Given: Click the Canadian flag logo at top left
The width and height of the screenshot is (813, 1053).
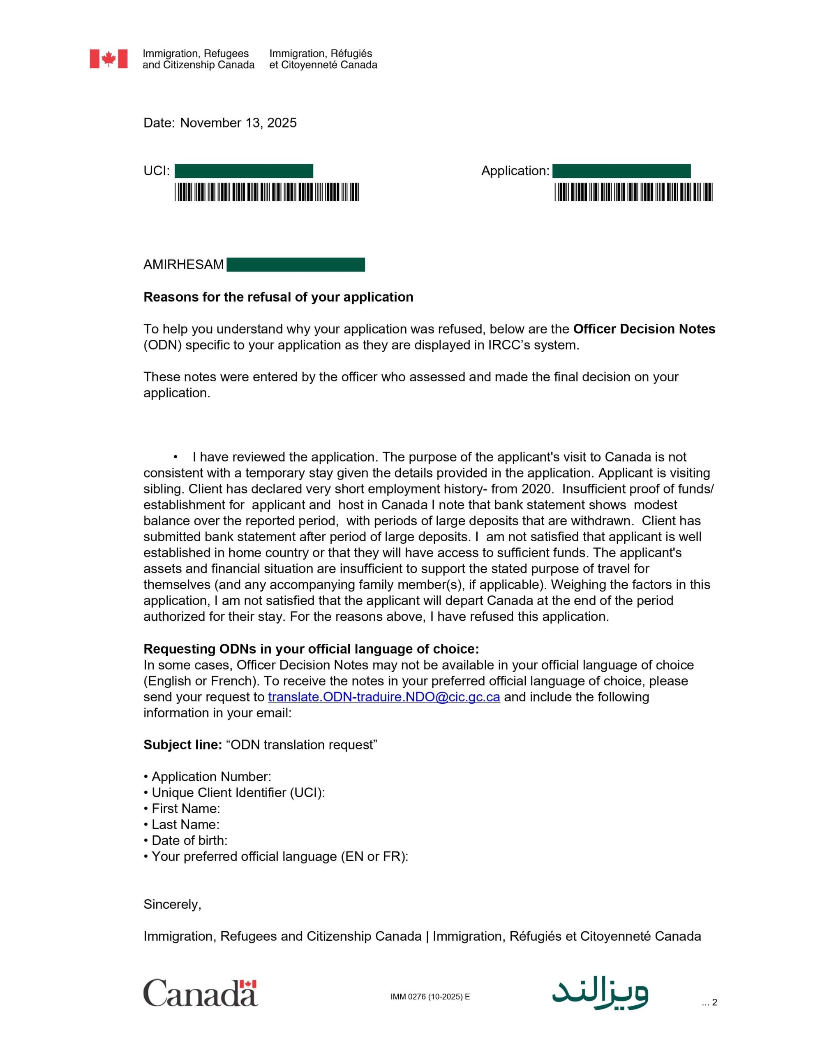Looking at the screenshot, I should tap(109, 59).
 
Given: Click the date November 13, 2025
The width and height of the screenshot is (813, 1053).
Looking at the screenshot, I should tap(238, 123).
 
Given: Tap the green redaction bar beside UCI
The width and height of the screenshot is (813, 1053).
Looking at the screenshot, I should tap(243, 171).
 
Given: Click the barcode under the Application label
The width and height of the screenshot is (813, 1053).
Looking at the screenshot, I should tap(633, 192).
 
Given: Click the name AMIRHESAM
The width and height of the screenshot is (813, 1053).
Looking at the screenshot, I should tap(184, 265).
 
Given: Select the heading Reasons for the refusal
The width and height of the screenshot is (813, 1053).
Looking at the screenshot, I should tap(278, 297).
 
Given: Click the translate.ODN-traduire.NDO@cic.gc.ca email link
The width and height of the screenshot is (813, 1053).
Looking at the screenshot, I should tap(383, 697).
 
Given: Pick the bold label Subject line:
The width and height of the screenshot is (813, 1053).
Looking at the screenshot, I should tap(182, 745).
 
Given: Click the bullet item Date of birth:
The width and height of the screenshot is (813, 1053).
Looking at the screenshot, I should tap(189, 840).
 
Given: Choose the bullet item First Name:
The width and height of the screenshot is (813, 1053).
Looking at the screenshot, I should tap(185, 809).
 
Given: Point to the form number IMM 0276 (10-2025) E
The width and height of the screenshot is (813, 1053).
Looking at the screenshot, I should tap(430, 997).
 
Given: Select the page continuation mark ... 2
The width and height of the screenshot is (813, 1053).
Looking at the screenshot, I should tap(709, 1002).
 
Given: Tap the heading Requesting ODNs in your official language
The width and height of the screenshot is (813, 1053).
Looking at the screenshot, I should tap(311, 649).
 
